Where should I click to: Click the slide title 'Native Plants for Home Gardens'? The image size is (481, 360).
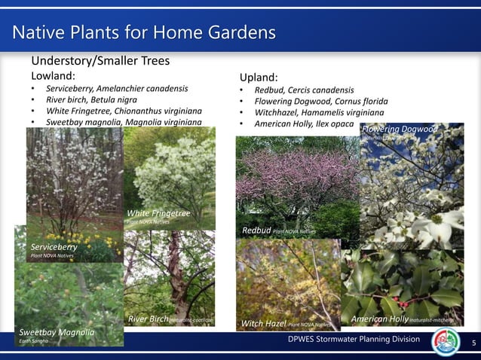[144, 32]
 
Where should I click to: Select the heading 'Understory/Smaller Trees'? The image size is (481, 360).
[100, 60]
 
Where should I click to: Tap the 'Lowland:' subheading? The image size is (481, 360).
[52, 75]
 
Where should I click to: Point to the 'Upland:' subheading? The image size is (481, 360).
[259, 77]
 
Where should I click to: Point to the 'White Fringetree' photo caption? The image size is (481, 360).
[158, 214]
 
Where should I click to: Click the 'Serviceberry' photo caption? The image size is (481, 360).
[54, 246]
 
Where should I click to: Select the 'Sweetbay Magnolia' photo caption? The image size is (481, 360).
[57, 332]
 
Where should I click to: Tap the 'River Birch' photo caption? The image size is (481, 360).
[149, 319]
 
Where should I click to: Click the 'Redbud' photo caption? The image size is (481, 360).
[256, 230]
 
